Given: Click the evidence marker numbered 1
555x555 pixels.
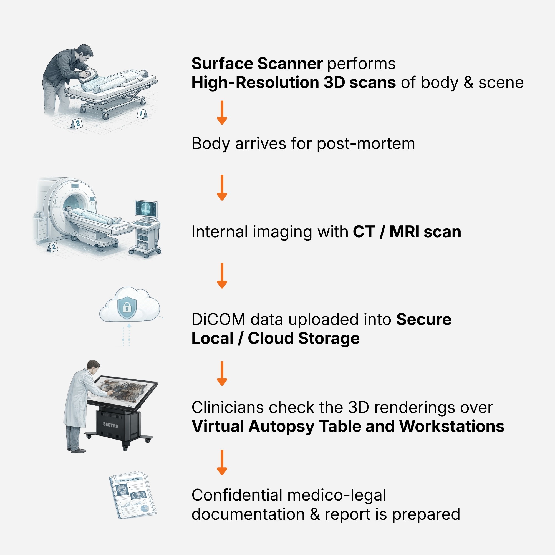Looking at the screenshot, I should (x=141, y=113).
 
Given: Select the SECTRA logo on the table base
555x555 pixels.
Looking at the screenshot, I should (x=111, y=425).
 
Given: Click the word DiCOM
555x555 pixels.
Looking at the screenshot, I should (x=218, y=319).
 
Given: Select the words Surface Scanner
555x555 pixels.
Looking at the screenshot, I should (x=257, y=64).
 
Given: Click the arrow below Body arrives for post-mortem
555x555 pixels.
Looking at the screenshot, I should (x=222, y=187).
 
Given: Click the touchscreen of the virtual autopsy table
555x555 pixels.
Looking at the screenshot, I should (x=122, y=391).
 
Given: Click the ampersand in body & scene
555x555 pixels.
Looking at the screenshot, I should (x=468, y=83).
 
